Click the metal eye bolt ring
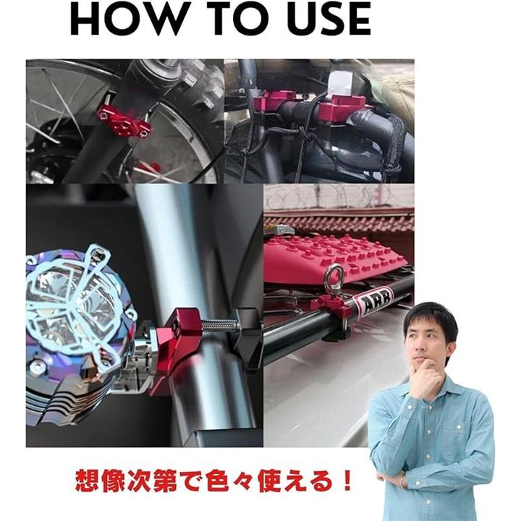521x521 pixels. (x=331, y=275)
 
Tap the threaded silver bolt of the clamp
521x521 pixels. (x=219, y=325)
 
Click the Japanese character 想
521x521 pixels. (x=87, y=480)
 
